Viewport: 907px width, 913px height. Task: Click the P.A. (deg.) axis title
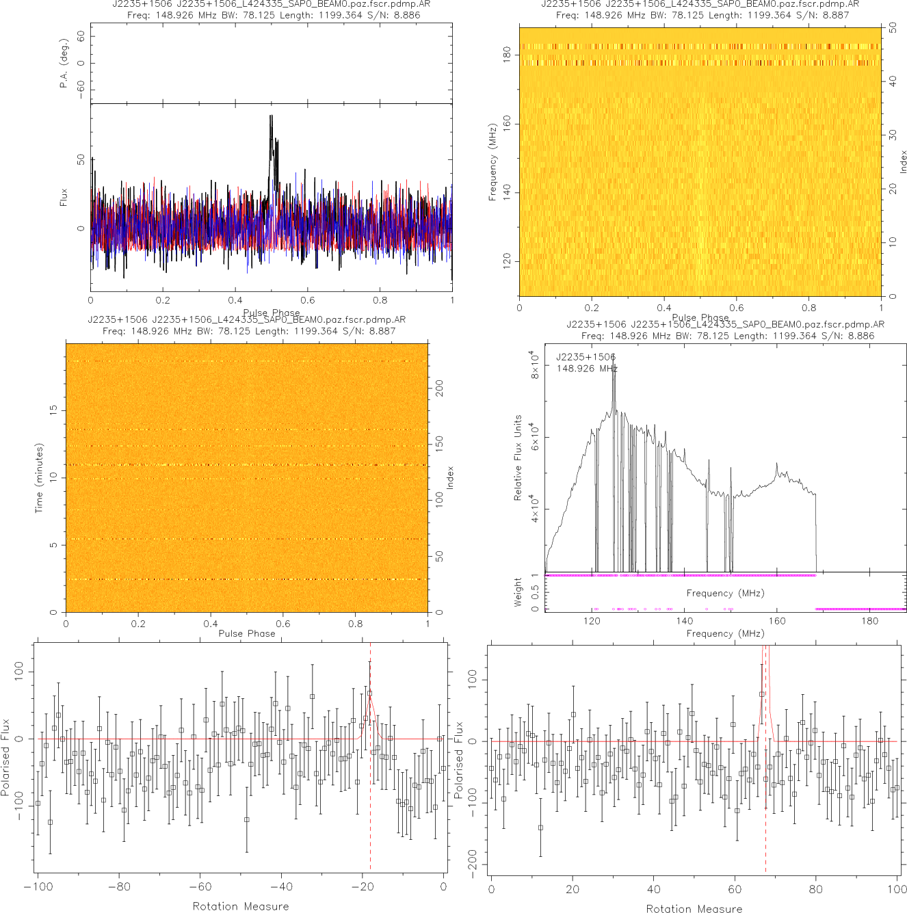click(x=64, y=63)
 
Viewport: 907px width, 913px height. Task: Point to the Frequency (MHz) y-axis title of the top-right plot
click(x=492, y=162)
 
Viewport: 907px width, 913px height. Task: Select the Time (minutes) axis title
click(x=39, y=477)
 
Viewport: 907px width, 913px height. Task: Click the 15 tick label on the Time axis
click(x=53, y=410)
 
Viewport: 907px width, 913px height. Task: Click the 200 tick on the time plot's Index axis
click(x=439, y=388)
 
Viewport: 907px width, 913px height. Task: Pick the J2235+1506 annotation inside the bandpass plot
click(x=586, y=357)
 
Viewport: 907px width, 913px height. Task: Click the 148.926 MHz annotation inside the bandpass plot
click(x=587, y=369)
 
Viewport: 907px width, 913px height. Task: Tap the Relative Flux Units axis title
click(x=518, y=458)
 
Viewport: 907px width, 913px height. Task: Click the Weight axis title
click(x=518, y=592)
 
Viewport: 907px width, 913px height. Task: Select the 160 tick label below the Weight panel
click(x=777, y=621)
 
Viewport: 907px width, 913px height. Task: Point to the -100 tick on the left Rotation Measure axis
click(x=38, y=887)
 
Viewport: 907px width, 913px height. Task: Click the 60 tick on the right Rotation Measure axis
click(x=735, y=889)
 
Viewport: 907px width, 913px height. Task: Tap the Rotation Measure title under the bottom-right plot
click(x=694, y=908)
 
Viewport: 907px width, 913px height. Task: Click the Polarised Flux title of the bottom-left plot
click(x=6, y=757)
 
